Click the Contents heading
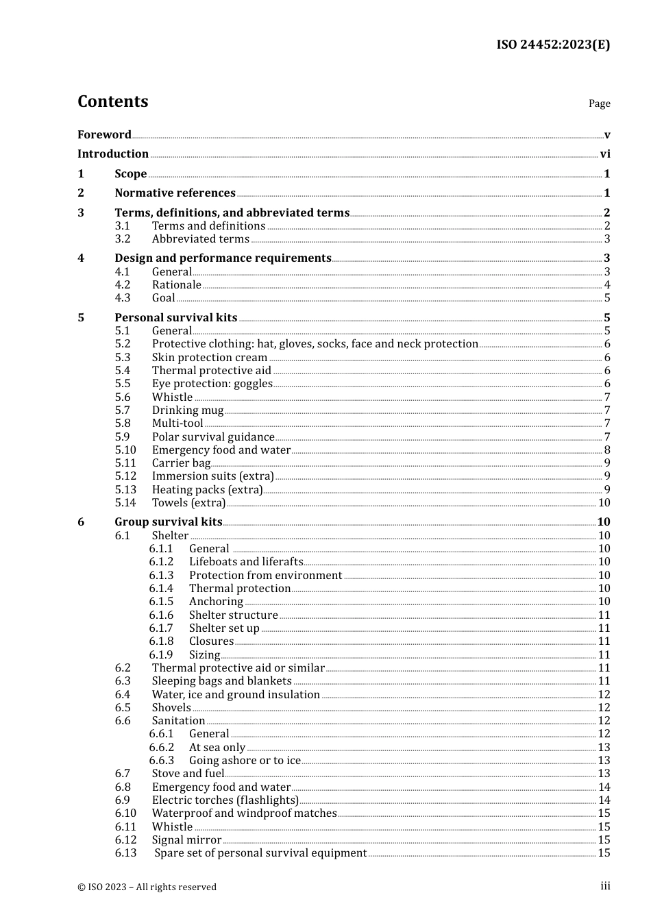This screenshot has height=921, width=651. pyautogui.click(x=112, y=101)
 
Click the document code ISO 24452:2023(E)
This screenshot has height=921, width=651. pyautogui.click(x=553, y=45)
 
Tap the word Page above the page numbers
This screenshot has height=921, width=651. pyautogui.click(x=599, y=103)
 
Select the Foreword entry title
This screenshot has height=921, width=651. pyautogui.click(x=104, y=135)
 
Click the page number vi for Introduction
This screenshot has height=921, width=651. pyautogui.click(x=605, y=154)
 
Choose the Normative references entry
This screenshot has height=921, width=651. pyautogui.click(x=175, y=193)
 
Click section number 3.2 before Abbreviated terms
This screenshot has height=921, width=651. pyautogui.click(x=123, y=239)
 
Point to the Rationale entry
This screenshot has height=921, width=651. pyautogui.click(x=177, y=285)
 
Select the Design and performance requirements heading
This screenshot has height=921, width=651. pyautogui.click(x=223, y=258)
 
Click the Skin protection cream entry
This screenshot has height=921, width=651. pyautogui.click(x=210, y=358)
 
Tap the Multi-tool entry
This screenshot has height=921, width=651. pyautogui.click(x=177, y=423)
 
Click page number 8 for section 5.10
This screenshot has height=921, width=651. pyautogui.click(x=607, y=450)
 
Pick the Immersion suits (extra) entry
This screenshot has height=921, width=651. pyautogui.click(x=213, y=476)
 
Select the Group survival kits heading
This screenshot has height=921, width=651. pyautogui.click(x=169, y=522)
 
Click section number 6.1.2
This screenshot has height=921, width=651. pyautogui.click(x=161, y=562)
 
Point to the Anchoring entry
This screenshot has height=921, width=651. pyautogui.click(x=216, y=602)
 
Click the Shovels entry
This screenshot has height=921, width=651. pyautogui.click(x=171, y=708)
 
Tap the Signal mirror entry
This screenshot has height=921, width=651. pyautogui.click(x=186, y=840)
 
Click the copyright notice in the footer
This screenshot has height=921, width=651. pyautogui.click(x=147, y=887)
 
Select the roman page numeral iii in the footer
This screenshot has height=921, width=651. pyautogui.click(x=605, y=886)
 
